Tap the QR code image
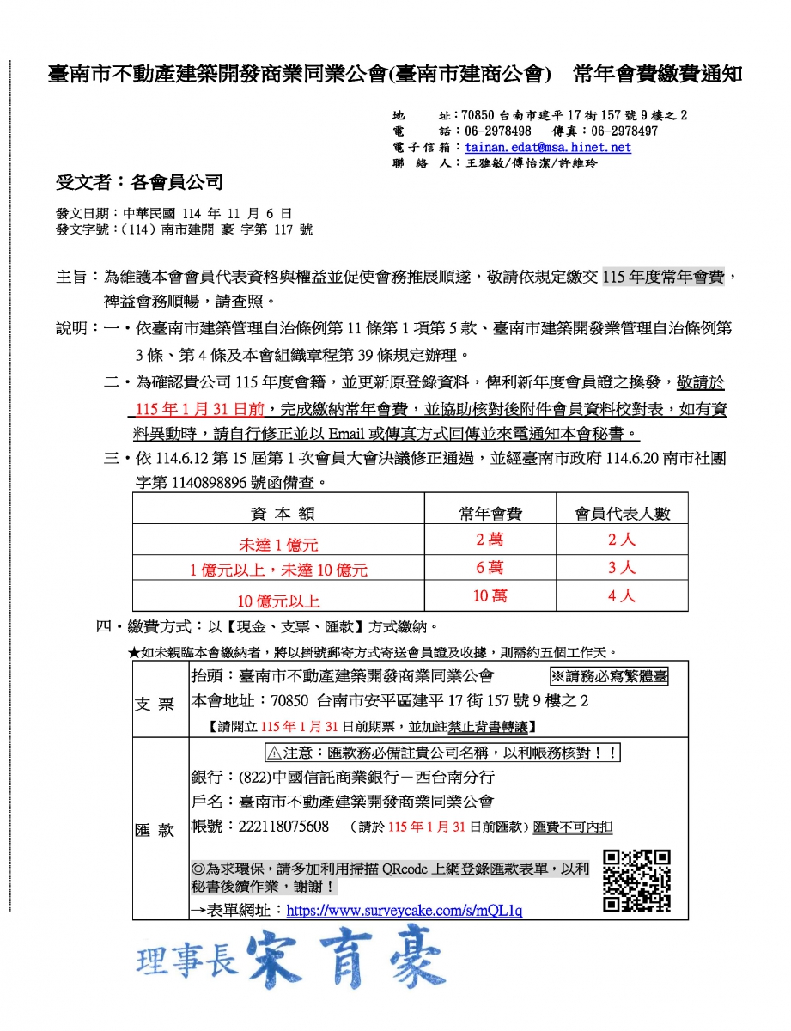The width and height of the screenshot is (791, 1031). click(636, 881)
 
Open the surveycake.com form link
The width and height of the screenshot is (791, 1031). click(404, 910)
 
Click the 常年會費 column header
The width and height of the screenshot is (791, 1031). click(490, 514)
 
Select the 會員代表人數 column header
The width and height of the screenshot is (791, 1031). click(622, 514)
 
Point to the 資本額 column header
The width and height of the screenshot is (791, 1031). click(283, 514)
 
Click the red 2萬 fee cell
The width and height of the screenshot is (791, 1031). click(490, 540)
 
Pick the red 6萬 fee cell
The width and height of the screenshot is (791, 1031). click(490, 568)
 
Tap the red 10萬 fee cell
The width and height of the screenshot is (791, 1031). click(490, 596)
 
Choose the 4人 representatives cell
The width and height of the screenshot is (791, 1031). click(622, 596)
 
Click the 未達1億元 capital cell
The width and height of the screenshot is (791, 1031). click(278, 545)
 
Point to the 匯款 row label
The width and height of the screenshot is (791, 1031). click(155, 830)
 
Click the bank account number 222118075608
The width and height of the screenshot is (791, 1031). click(283, 827)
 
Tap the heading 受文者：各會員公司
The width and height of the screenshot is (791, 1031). click(139, 181)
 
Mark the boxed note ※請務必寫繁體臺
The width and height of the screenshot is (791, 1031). click(608, 675)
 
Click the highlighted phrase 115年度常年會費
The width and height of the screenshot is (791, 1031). click(664, 277)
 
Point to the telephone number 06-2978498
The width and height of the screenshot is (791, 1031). click(498, 131)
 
